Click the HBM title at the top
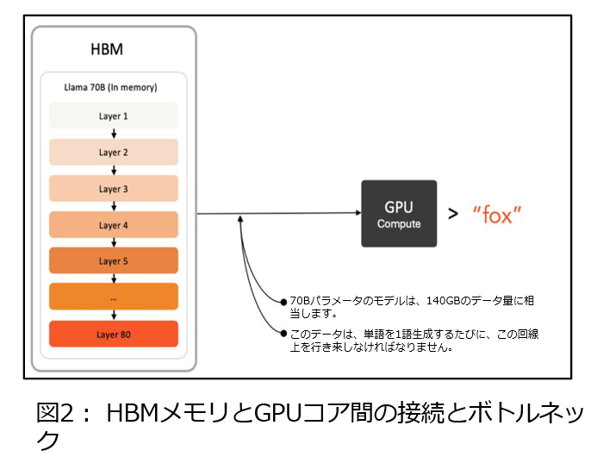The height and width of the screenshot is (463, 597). (x=107, y=49)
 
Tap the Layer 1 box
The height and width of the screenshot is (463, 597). (x=113, y=116)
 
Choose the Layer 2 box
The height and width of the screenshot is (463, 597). (x=113, y=153)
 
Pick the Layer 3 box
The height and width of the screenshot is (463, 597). (x=113, y=189)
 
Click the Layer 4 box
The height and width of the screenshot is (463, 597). (x=113, y=225)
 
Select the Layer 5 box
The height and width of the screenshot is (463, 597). (x=113, y=261)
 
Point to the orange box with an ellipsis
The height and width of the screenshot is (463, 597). (x=113, y=297)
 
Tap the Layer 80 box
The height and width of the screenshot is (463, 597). (x=113, y=334)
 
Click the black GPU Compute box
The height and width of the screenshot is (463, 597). (x=398, y=214)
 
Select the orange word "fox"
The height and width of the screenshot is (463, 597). (x=497, y=215)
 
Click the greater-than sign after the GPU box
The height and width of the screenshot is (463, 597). (x=452, y=215)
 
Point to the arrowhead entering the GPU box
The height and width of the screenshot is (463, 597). (x=355, y=213)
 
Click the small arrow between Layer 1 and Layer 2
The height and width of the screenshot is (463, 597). (x=114, y=134)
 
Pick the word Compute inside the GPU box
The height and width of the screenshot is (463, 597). (x=398, y=224)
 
